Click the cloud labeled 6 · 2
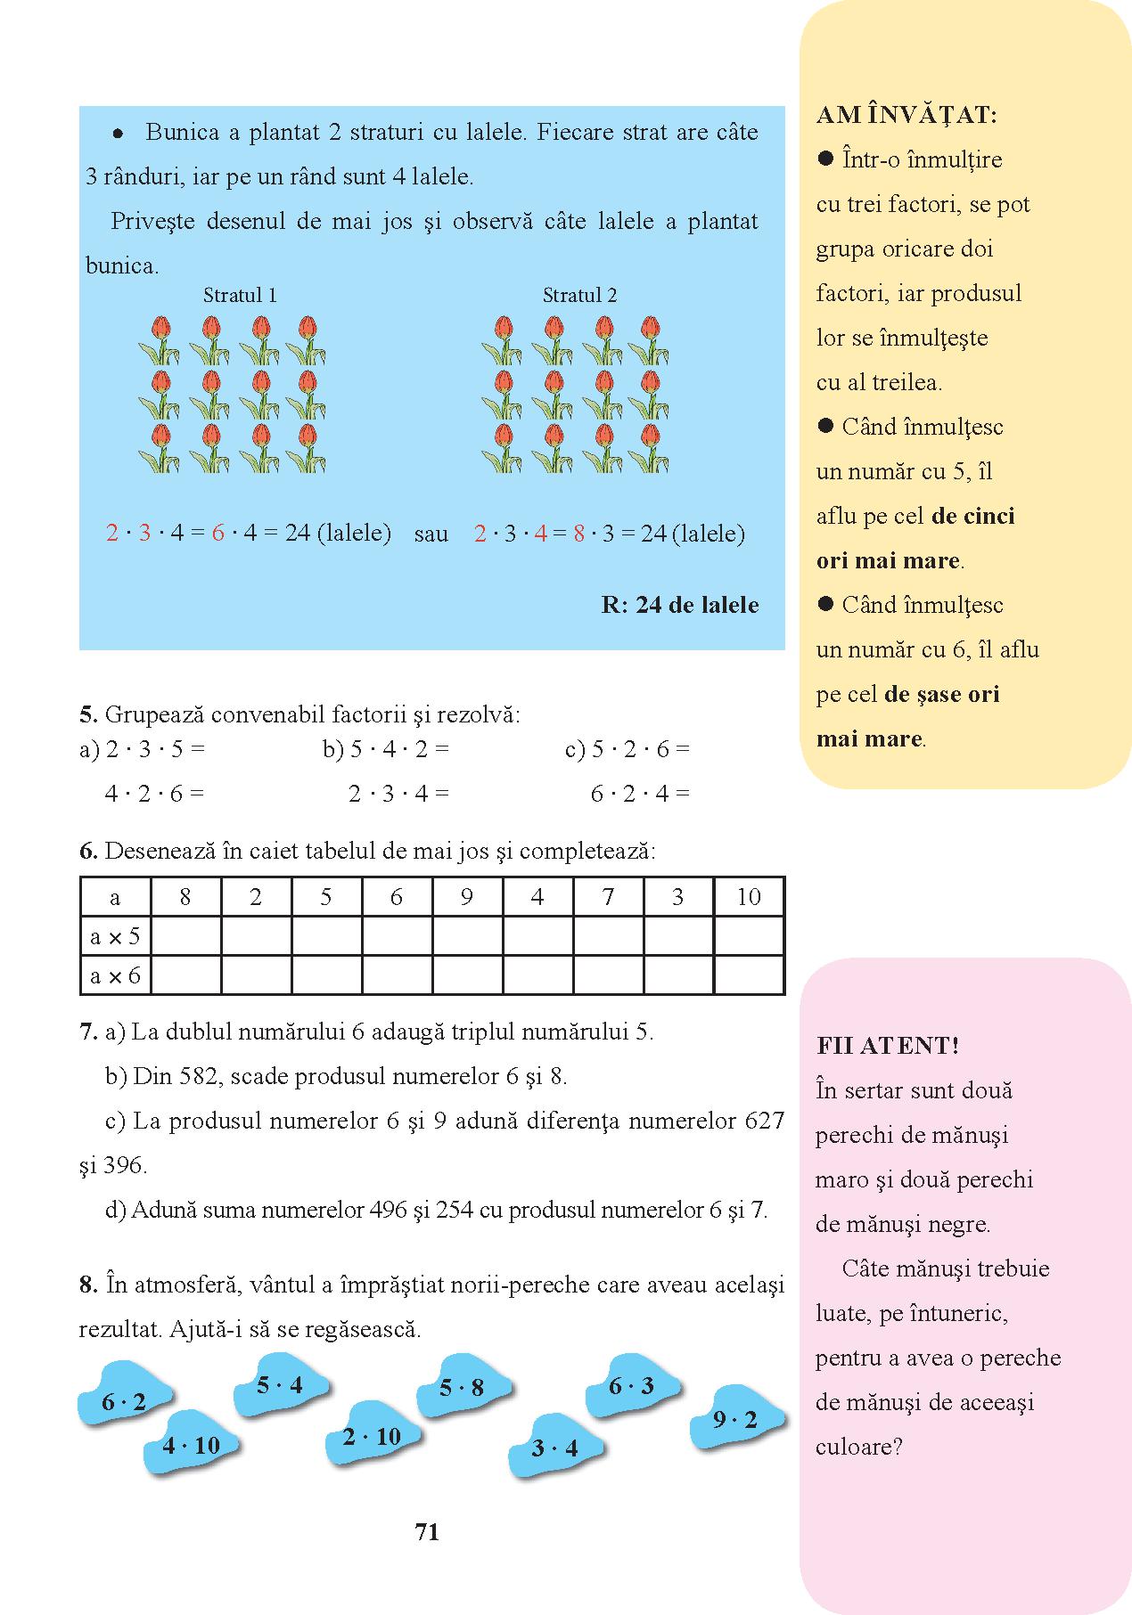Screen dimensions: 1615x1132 [124, 1404]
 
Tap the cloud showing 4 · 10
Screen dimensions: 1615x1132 [191, 1445]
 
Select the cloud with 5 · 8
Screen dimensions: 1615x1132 [462, 1387]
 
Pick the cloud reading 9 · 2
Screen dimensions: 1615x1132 [735, 1420]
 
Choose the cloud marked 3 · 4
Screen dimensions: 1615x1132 [554, 1448]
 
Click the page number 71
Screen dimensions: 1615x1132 [427, 1531]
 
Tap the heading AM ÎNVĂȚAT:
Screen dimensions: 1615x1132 [906, 115]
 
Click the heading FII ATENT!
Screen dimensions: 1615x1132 [887, 1046]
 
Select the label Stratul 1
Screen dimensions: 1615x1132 [240, 295]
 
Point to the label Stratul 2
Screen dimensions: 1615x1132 [579, 295]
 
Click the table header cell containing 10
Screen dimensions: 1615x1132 [749, 897]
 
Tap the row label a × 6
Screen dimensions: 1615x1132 [115, 975]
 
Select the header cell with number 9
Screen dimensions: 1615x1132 [467, 897]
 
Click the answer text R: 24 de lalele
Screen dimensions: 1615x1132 [680, 605]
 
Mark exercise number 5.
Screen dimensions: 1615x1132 [87, 714]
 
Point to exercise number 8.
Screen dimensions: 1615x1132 [87, 1285]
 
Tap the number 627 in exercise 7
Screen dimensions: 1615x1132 [763, 1121]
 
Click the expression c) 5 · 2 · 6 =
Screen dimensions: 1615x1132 [628, 749]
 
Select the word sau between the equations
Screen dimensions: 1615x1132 [431, 534]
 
